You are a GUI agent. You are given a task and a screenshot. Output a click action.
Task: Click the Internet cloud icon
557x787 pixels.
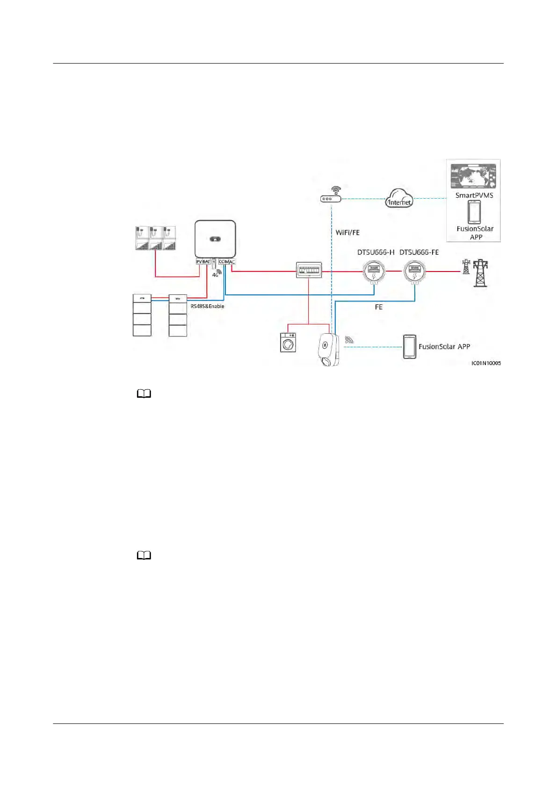(399, 198)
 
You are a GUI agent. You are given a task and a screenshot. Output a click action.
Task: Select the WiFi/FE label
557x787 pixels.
(347, 233)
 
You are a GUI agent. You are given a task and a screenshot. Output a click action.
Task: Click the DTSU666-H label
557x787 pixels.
(376, 252)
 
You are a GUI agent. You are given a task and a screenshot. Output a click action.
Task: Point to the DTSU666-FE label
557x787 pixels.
(419, 252)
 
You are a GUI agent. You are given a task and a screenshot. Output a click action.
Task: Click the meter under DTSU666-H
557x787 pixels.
(374, 272)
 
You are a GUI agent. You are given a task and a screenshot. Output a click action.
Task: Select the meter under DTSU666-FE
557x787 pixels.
(414, 272)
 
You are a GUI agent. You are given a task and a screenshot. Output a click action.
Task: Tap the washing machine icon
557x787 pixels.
(288, 343)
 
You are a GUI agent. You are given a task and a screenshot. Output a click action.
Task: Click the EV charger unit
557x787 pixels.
(329, 349)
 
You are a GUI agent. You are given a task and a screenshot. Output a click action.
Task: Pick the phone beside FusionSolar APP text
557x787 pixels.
(410, 347)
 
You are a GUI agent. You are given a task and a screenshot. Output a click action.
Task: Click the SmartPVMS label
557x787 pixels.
(474, 195)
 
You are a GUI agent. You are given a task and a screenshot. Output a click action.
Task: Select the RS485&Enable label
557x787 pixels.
(207, 306)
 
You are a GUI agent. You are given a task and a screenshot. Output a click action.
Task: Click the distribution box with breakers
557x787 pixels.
(309, 270)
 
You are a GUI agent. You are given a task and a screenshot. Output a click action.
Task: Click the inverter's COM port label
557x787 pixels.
(224, 262)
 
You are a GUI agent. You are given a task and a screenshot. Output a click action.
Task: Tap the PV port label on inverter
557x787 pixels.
(199, 262)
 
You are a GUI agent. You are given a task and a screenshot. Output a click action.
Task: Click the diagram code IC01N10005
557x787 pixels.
(486, 363)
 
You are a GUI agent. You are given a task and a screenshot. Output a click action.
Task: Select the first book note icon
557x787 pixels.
(144, 394)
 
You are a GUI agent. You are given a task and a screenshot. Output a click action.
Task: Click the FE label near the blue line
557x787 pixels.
(379, 307)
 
